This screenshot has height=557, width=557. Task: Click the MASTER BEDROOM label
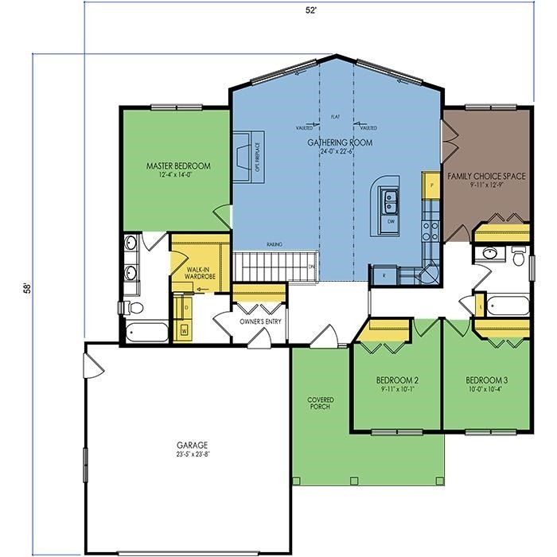coord(178,166)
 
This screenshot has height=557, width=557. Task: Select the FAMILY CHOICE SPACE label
coord(485,177)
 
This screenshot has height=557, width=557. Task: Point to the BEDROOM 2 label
coord(397,380)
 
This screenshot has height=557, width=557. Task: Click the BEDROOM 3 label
coord(487,380)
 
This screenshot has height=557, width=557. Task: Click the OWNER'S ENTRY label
coord(259,321)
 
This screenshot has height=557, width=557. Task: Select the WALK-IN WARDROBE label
coord(198,275)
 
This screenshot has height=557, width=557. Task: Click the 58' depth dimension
coord(27,286)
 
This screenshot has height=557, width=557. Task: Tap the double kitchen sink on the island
coord(391,198)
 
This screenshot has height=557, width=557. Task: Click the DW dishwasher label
coord(390,220)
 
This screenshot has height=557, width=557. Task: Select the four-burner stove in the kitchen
coord(430,230)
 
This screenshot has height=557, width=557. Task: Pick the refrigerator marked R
coord(384,275)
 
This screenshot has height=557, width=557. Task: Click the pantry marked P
coord(431,185)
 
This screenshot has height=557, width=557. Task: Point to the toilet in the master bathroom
coord(133,307)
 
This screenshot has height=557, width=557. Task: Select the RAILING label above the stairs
coord(275,245)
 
